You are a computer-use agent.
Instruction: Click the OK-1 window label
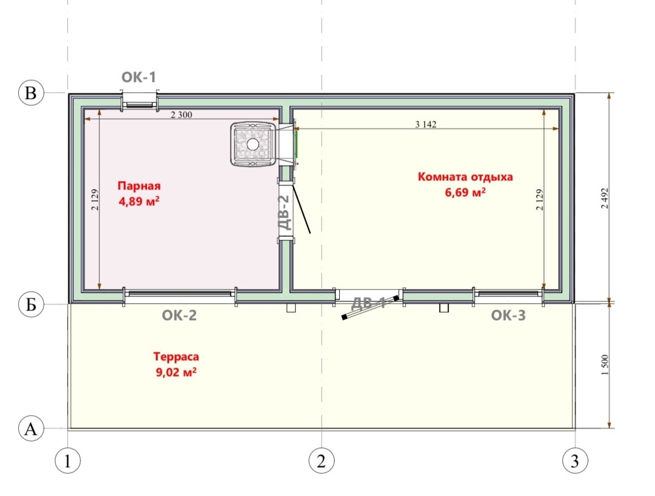(x=138, y=77)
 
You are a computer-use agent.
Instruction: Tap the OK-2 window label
(x=179, y=316)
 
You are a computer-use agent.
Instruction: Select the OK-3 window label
(x=509, y=316)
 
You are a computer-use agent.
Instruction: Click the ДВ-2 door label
(x=284, y=213)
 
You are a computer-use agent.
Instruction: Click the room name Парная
(x=139, y=186)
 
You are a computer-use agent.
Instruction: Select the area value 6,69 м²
(x=465, y=192)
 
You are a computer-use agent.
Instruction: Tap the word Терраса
(x=176, y=357)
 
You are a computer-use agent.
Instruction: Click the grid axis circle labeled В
(x=31, y=92)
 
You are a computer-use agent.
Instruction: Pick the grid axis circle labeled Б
(x=31, y=304)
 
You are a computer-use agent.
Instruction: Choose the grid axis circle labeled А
(x=31, y=429)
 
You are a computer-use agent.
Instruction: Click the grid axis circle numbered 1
(x=68, y=461)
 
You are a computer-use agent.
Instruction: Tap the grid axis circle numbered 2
(x=321, y=461)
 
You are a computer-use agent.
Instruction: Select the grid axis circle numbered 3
(x=575, y=461)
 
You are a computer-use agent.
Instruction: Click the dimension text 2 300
(x=182, y=115)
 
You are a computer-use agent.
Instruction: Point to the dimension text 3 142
(x=426, y=124)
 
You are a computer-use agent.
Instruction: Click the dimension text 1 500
(x=605, y=365)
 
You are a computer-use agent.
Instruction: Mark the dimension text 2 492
(x=605, y=199)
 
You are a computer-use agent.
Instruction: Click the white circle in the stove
(x=253, y=144)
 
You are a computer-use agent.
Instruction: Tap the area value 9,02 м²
(x=176, y=372)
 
